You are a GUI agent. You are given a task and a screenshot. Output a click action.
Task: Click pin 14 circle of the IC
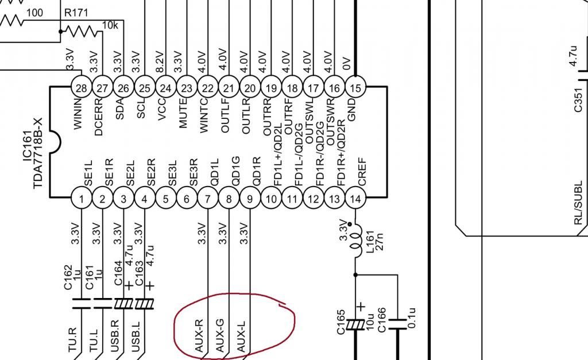coord(355,199)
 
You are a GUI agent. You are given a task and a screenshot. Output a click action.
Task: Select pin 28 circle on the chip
coord(82,88)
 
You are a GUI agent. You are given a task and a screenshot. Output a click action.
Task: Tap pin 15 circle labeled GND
coord(355,88)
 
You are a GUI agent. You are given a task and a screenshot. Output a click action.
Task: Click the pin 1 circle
coord(82,199)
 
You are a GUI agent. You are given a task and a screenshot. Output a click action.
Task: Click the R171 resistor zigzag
coord(82,32)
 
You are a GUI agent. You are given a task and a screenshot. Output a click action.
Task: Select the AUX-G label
coord(220,335)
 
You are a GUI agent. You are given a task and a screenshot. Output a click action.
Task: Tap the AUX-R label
coord(199,335)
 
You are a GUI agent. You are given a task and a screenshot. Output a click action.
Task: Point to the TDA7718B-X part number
coord(37,153)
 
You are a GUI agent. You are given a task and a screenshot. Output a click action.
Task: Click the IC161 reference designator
coord(27,146)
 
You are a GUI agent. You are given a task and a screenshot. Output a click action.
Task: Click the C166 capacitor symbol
coord(397,324)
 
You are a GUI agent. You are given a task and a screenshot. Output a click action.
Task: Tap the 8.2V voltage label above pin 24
coord(159,62)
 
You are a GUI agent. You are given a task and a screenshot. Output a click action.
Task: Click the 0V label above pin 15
coord(346,64)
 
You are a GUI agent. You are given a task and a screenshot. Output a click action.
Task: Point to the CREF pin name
coord(362,171)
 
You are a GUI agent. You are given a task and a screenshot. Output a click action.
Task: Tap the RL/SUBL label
coord(578,203)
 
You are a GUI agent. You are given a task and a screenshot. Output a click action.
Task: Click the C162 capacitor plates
coord(82,304)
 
